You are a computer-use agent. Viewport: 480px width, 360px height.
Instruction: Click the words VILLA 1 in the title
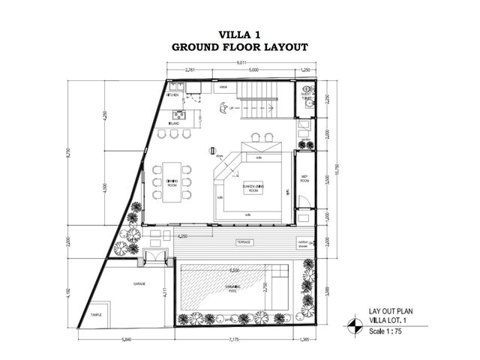240,34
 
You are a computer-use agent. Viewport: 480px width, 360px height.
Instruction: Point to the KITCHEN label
172,95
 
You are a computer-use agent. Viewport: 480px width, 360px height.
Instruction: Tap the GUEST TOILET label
306,97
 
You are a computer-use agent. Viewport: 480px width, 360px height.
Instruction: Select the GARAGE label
139,284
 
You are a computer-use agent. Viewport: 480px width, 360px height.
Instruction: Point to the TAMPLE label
94,314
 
